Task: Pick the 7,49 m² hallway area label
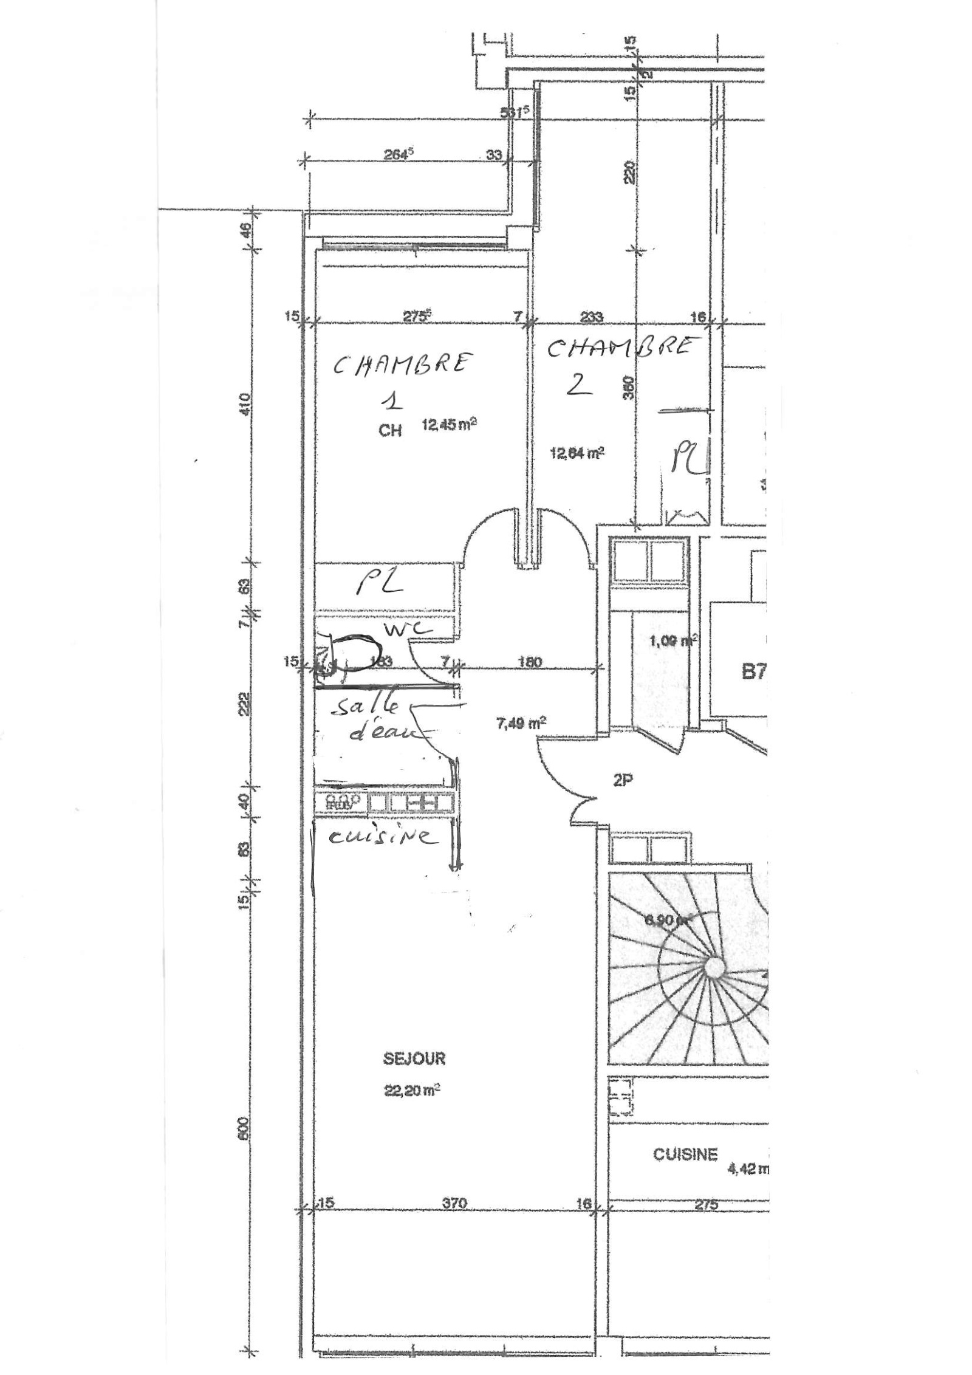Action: point(521,722)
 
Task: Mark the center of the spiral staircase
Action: point(713,964)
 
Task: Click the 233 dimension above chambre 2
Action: point(591,316)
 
